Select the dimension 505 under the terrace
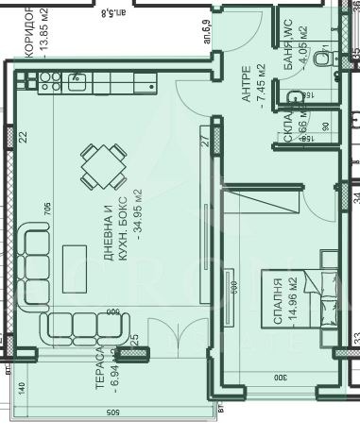[x=110, y=412]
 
